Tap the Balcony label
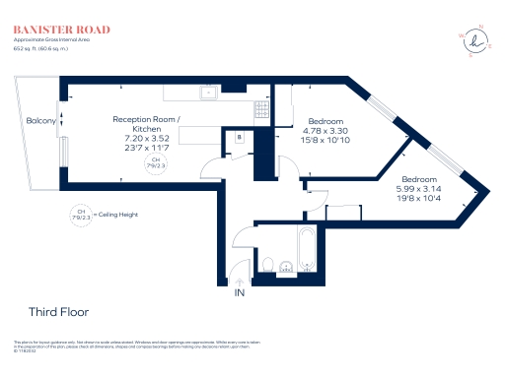[x=40, y=121]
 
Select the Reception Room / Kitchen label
[x=147, y=124]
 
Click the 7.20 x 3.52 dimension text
[x=147, y=139]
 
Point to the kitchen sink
[x=208, y=94]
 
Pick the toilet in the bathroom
[x=267, y=264]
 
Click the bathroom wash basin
[x=287, y=266]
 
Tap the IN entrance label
[x=239, y=293]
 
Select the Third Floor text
[x=58, y=312]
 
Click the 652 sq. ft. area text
[x=27, y=47]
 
